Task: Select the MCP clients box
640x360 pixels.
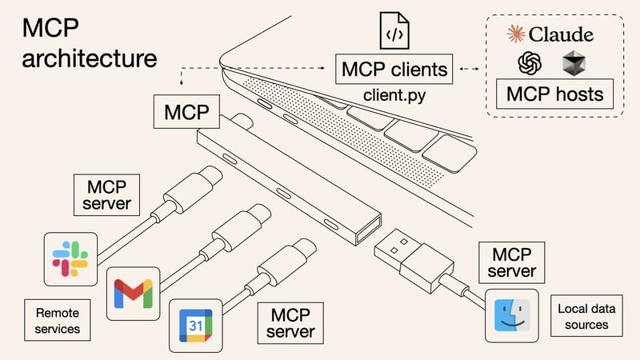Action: point(394,70)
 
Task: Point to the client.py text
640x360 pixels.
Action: point(394,96)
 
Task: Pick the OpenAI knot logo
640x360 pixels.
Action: point(530,64)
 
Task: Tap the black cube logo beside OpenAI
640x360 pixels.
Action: point(574,63)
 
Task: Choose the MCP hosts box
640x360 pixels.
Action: point(554,94)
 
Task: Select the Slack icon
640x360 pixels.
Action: point(70,258)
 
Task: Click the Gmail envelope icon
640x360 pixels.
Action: point(133,293)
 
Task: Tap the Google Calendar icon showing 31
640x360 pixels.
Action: point(194,326)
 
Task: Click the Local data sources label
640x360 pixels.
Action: point(584,315)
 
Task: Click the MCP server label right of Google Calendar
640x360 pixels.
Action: point(290,321)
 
